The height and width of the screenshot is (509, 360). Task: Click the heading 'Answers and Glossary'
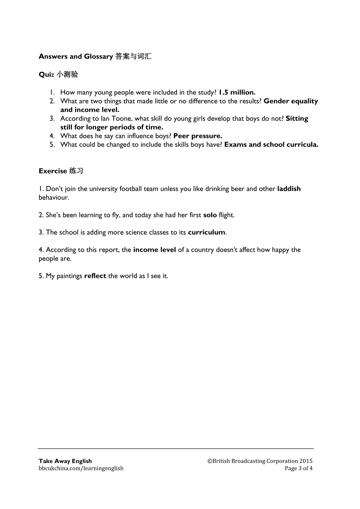click(x=75, y=56)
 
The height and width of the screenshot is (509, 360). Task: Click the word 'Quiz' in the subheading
click(x=47, y=75)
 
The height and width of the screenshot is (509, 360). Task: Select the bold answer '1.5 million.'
click(x=237, y=92)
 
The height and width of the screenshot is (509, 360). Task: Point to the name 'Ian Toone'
click(x=116, y=119)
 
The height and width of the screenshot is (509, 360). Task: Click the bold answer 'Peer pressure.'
click(x=197, y=136)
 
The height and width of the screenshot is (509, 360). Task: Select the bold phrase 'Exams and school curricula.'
click(x=271, y=145)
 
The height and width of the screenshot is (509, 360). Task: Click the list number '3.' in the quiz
click(x=52, y=119)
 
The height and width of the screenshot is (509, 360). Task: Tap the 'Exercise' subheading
click(x=53, y=171)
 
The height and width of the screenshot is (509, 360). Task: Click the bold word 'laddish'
click(x=289, y=189)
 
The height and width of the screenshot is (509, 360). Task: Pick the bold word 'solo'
click(x=210, y=215)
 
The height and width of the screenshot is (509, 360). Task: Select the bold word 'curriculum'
click(x=207, y=233)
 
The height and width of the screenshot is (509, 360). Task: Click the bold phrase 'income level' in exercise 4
click(x=155, y=250)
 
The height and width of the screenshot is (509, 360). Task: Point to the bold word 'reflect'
click(x=95, y=276)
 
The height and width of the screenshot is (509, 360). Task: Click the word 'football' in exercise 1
click(x=131, y=189)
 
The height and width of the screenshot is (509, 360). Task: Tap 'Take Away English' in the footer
click(x=65, y=461)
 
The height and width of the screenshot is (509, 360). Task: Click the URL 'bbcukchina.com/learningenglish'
click(x=81, y=468)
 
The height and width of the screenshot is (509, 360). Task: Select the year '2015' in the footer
click(x=306, y=461)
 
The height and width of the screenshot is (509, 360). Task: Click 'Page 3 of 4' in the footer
click(x=299, y=468)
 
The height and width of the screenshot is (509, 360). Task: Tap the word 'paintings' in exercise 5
click(x=69, y=276)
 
